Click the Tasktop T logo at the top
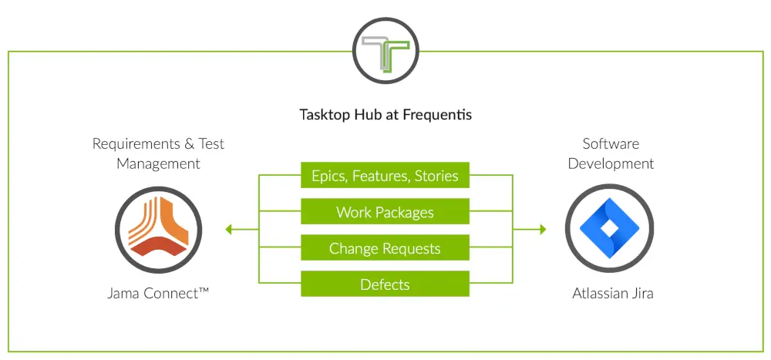[385, 51]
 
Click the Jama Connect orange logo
[158, 230]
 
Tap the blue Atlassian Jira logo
[609, 229]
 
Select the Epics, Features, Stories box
[385, 175]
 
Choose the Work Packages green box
[385, 211]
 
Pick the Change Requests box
[385, 247]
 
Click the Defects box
[385, 284]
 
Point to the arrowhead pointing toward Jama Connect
[228, 229]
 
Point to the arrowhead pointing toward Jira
[543, 229]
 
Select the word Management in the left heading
[158, 163]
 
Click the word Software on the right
[611, 143]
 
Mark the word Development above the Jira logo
[611, 163]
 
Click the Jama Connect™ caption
[158, 294]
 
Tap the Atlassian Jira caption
[613, 294]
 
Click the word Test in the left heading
[211, 144]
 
